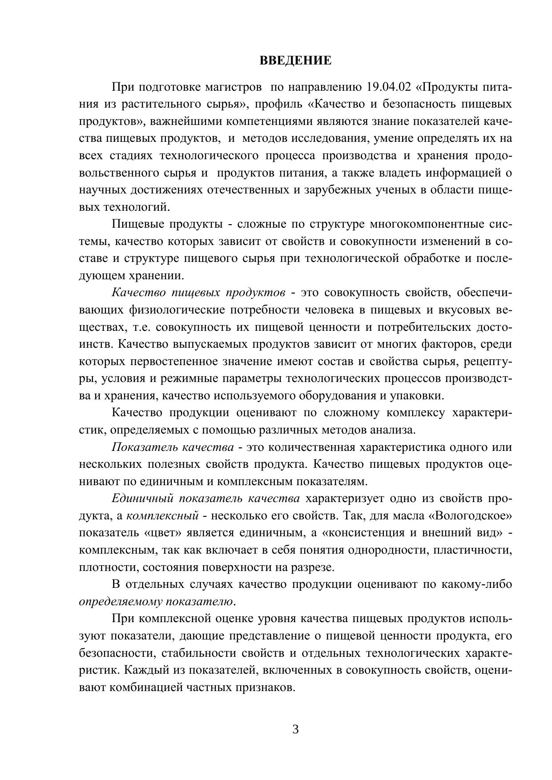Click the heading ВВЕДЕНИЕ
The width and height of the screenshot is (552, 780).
[295, 60]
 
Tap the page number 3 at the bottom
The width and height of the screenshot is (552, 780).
[295, 729]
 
